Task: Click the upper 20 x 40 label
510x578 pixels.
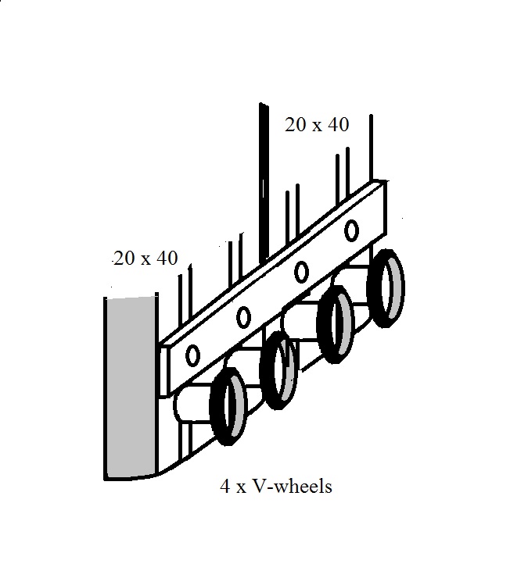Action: coord(317,124)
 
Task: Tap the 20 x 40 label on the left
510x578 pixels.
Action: coord(145,258)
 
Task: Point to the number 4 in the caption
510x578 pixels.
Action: coord(225,487)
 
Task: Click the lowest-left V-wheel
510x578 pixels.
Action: coord(229,407)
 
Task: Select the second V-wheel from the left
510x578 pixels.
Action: coord(279,369)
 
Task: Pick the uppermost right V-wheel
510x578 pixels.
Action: coord(387,288)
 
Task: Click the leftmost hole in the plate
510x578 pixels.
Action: coord(192,355)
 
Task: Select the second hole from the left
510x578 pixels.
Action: coord(243,316)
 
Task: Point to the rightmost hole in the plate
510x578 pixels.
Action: coord(352,230)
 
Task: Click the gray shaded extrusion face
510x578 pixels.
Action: coord(129,387)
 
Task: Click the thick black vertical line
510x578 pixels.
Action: coord(264,180)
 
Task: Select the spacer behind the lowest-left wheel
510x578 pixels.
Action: coord(192,406)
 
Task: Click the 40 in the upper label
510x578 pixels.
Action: coord(337,124)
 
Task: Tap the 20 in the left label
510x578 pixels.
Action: coord(125,258)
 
